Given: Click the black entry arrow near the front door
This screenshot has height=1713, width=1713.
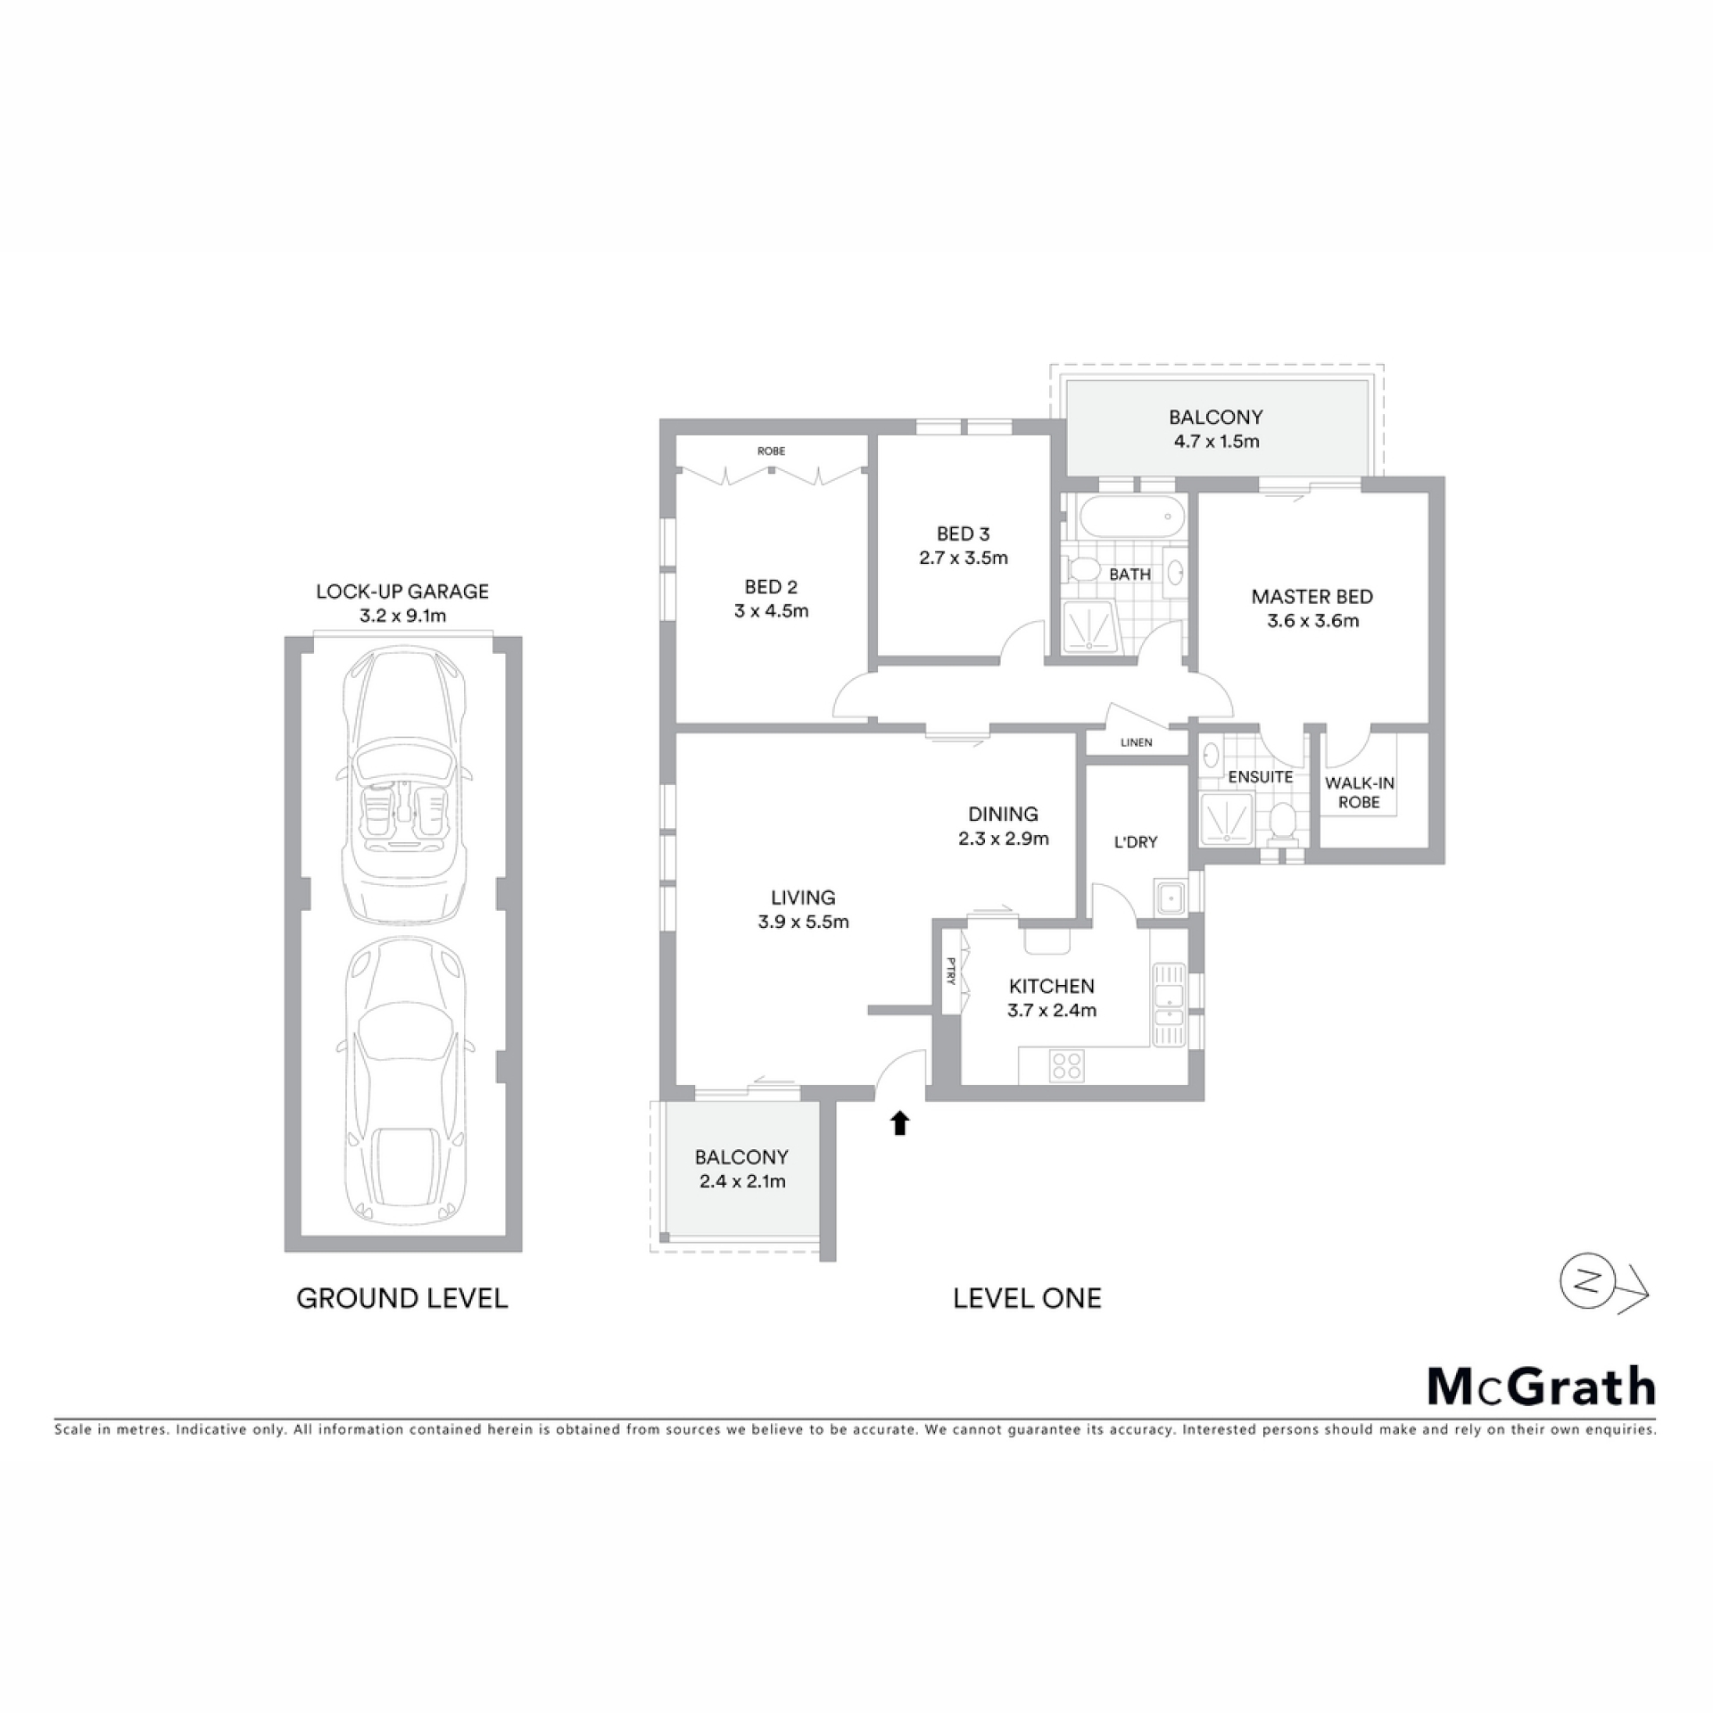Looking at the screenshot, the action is [x=900, y=1122].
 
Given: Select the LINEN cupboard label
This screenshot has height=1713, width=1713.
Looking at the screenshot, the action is [x=1136, y=742].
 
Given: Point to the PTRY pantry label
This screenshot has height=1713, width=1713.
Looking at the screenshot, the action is [x=951, y=971].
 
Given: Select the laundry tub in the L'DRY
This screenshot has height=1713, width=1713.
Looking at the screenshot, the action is [x=1168, y=898].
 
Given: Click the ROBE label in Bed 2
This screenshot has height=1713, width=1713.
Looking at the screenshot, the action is [x=771, y=451].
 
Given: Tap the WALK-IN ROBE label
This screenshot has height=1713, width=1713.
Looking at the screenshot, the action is [x=1359, y=792].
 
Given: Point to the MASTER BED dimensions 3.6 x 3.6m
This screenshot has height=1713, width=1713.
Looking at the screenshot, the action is [x=1312, y=621].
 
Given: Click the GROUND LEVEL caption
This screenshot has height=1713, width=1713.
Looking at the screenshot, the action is [x=402, y=1298].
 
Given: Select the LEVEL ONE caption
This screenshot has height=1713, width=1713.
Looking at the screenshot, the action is [x=1027, y=1298].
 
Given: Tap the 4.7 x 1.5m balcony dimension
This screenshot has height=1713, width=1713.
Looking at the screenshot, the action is [x=1216, y=441].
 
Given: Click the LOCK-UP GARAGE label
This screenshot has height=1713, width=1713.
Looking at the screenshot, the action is [x=402, y=591].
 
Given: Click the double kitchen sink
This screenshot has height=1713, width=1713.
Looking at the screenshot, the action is [x=1168, y=1004].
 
